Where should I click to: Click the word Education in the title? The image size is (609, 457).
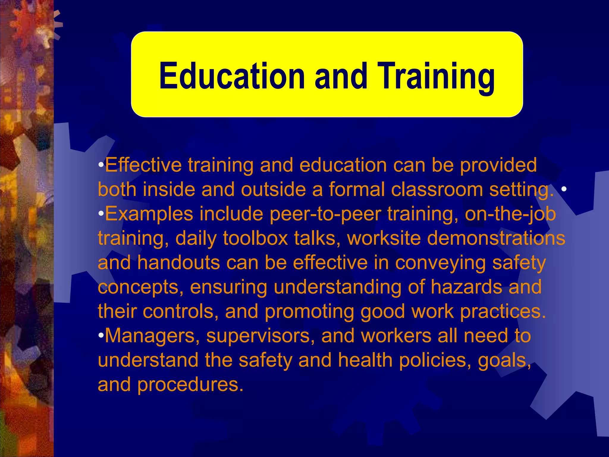(x=232, y=76)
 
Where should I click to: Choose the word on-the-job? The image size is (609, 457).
(x=510, y=214)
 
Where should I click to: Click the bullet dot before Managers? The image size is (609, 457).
(x=101, y=336)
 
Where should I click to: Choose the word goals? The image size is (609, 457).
(x=504, y=361)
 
